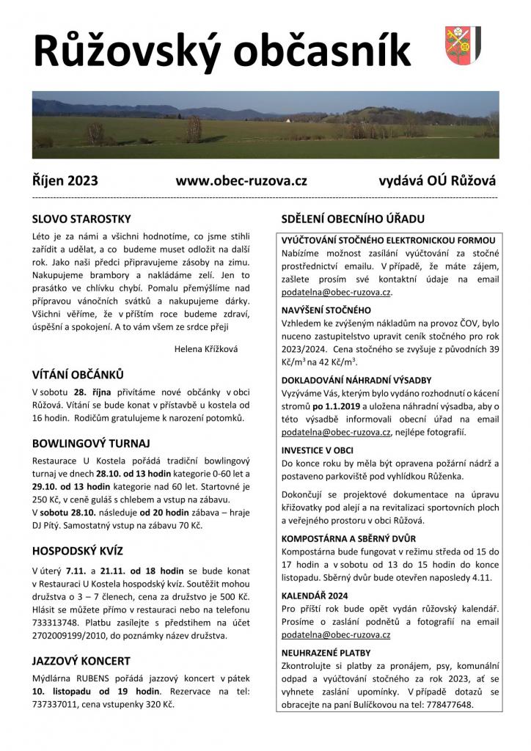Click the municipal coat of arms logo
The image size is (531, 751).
point(463,45)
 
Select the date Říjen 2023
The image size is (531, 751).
point(65,180)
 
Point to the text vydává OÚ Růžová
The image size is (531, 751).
point(437,180)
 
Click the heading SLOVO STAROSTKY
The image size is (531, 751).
point(81,219)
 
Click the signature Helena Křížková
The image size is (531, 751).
point(206,349)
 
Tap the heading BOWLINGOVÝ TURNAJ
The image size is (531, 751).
point(91,444)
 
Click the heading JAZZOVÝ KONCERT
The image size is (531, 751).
point(81,661)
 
